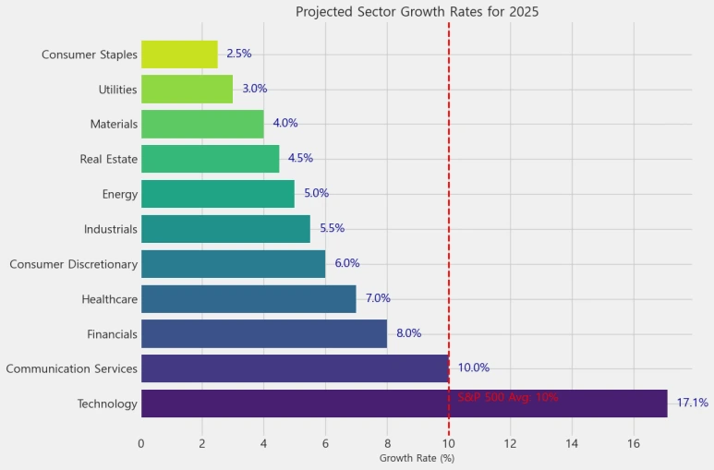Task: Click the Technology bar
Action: click(404, 404)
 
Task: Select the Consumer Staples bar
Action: click(179, 54)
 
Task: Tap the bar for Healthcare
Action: click(248, 299)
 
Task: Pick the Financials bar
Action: click(264, 334)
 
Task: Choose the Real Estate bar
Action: click(210, 159)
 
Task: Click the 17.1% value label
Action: click(692, 404)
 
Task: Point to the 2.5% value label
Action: click(238, 54)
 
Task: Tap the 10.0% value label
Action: click(473, 368)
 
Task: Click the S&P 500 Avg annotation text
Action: click(508, 398)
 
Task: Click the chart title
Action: click(417, 13)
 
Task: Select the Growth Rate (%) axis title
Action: click(417, 458)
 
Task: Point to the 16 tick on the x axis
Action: click(634, 443)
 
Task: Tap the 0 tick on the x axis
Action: click(141, 443)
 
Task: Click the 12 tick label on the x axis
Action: click(511, 443)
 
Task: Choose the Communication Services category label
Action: click(71, 369)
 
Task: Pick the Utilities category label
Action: click(117, 90)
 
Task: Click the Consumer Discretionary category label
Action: click(73, 265)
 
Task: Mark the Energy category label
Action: click(120, 195)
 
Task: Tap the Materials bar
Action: click(202, 124)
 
